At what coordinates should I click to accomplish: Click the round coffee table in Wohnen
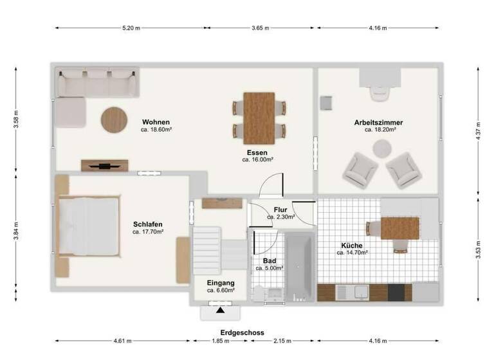pos(114,120)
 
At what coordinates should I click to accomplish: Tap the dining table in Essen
pos(259,118)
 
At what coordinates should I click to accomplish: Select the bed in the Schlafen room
pos(89,226)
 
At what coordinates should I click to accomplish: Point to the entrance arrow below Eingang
pos(221,311)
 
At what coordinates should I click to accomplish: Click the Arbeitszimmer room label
pos(379,122)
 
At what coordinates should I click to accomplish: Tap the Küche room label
pos(352,246)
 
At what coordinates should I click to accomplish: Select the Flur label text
pos(280,210)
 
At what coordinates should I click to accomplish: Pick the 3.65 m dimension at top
pos(260,28)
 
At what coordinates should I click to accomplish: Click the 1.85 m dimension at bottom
pos(220,341)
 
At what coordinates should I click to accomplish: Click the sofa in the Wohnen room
pos(96,84)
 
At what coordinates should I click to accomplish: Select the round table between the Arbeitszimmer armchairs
pos(381,149)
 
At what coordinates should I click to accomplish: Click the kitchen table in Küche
pos(399,228)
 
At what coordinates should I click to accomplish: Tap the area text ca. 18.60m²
pos(156,129)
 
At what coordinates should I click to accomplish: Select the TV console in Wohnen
pos(104,165)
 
